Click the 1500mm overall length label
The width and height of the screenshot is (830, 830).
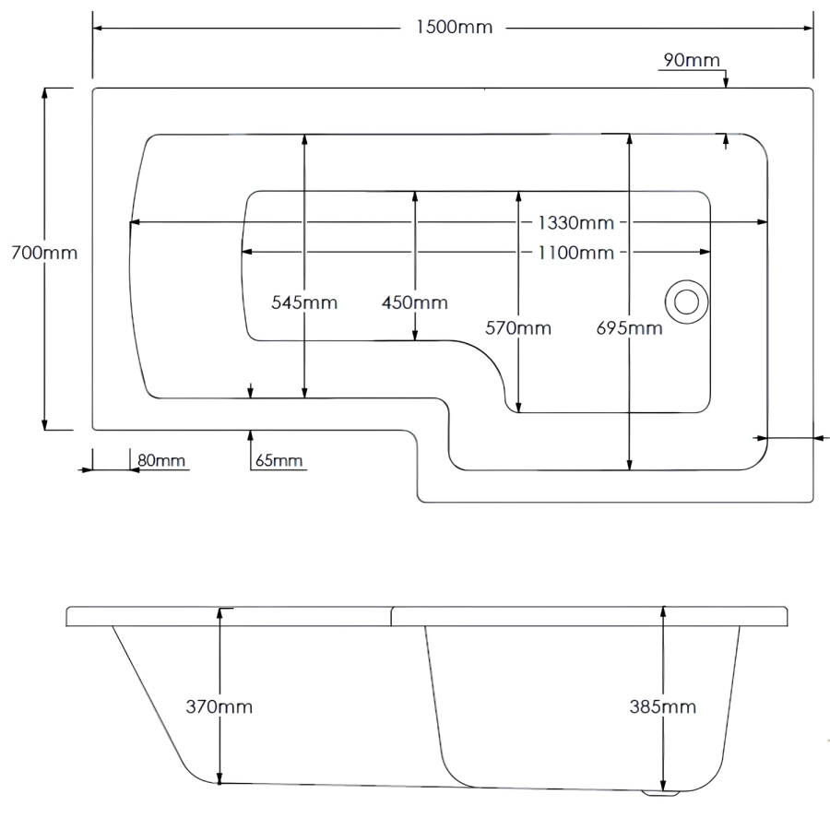pyautogui.click(x=454, y=27)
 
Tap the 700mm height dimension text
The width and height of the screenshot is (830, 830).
pyautogui.click(x=44, y=253)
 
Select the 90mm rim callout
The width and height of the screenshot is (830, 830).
pyautogui.click(x=692, y=60)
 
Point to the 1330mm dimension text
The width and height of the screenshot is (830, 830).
pyautogui.click(x=575, y=222)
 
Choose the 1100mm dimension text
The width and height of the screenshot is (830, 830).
pyautogui.click(x=575, y=253)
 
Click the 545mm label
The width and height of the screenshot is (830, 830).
pyautogui.click(x=304, y=302)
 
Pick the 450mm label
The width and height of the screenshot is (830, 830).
pyautogui.click(x=415, y=302)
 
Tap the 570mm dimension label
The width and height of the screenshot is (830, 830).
pyautogui.click(x=518, y=328)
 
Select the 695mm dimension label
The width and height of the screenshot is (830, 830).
pyautogui.click(x=629, y=328)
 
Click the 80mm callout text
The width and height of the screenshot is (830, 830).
pyautogui.click(x=161, y=460)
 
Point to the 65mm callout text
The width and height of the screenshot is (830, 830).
pyautogui.click(x=279, y=460)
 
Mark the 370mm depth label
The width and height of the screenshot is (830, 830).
pyautogui.click(x=219, y=706)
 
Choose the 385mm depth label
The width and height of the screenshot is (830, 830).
pyautogui.click(x=663, y=706)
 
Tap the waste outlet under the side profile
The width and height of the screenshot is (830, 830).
pyautogui.click(x=660, y=793)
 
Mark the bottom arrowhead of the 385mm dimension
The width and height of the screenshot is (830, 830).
pyautogui.click(x=663, y=785)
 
